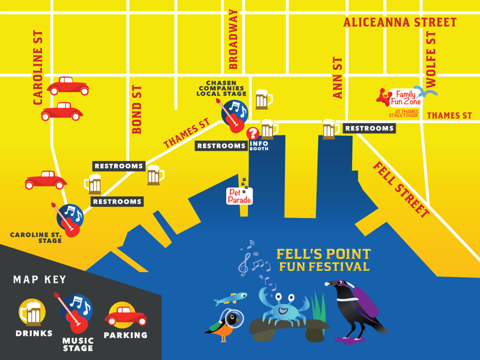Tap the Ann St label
(x=338, y=78)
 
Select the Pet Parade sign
(x=239, y=194)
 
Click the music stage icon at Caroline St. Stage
(x=70, y=219)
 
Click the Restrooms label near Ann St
(x=369, y=128)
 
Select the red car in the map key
(x=126, y=314)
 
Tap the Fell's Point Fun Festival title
(x=323, y=260)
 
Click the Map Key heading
(x=40, y=280)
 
